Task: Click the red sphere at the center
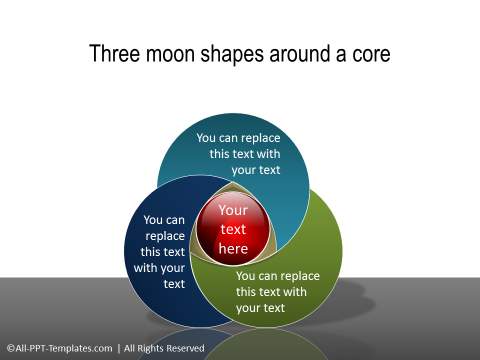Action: [x=232, y=231]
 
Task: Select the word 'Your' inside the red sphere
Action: [x=232, y=211]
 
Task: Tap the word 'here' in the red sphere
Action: [x=232, y=248]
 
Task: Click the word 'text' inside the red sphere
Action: [x=232, y=230]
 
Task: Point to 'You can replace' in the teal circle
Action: [x=238, y=139]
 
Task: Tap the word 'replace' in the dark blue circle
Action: [x=164, y=236]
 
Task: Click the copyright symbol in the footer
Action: [x=9, y=348]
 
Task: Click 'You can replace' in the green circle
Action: [x=277, y=275]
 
